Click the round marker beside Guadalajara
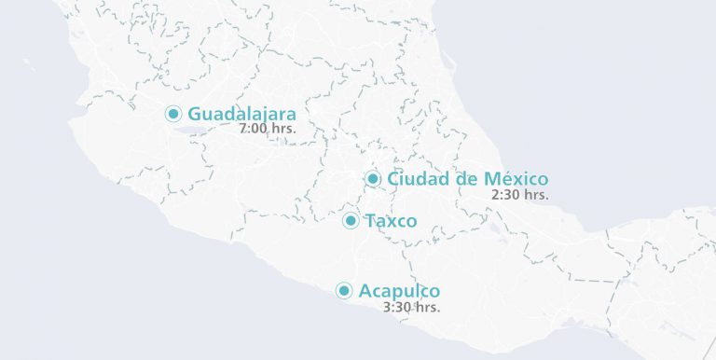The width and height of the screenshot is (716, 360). point(173,114)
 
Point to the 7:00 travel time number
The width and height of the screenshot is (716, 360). point(253,130)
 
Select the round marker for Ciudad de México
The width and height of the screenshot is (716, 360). point(373,178)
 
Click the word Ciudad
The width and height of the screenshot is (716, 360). point(417,178)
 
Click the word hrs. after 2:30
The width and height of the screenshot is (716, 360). point(535,195)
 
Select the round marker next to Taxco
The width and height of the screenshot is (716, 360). point(351,221)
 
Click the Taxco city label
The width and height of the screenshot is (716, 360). point(392,221)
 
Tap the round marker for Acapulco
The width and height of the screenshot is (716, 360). point(344,291)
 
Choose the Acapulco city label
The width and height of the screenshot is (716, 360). point(399,291)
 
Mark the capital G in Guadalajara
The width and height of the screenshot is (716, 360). point(196,114)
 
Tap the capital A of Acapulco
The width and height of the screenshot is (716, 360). point(365,291)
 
